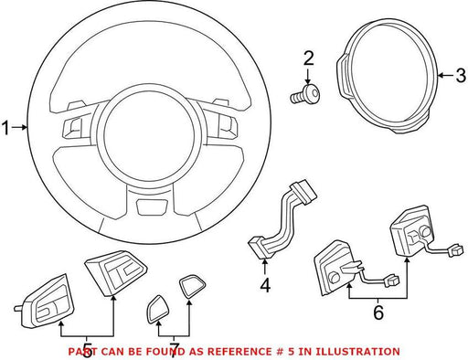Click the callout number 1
[x=5, y=128]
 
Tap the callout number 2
[x=308, y=58]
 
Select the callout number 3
[x=461, y=75]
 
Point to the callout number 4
[x=265, y=286]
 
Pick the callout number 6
[x=378, y=312]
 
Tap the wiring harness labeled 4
[x=282, y=220]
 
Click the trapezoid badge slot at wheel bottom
[x=153, y=207]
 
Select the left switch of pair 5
[x=45, y=302]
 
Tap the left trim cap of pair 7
[x=159, y=309]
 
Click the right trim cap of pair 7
[x=192, y=285]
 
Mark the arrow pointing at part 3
[x=446, y=75]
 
